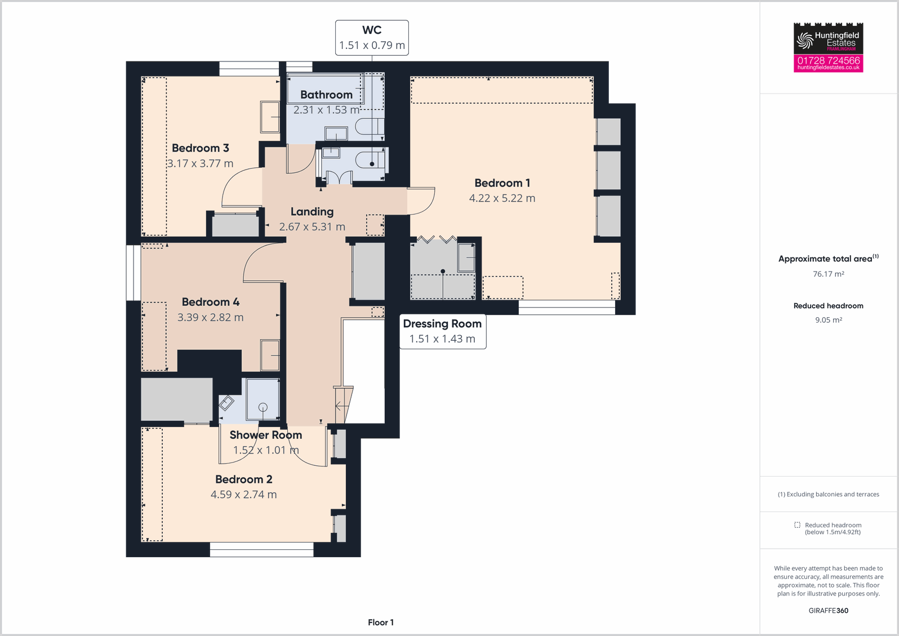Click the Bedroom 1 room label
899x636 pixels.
(502, 183)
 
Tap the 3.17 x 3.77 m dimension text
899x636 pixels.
(200, 163)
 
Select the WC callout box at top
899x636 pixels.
(372, 38)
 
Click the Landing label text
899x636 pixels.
(312, 212)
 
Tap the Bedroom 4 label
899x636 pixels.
(210, 302)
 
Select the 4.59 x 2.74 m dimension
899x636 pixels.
(243, 495)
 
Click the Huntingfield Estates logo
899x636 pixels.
(828, 39)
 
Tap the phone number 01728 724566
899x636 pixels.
(828, 60)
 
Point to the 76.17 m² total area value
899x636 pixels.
(828, 274)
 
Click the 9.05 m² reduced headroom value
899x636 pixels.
(828, 320)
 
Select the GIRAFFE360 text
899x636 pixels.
(828, 611)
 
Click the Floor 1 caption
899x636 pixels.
(381, 622)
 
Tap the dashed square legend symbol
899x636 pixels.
(797, 525)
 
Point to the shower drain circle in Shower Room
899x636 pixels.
(262, 407)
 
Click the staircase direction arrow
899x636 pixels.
(340, 405)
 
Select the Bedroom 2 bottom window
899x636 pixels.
(261, 549)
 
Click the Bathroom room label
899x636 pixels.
(326, 95)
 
